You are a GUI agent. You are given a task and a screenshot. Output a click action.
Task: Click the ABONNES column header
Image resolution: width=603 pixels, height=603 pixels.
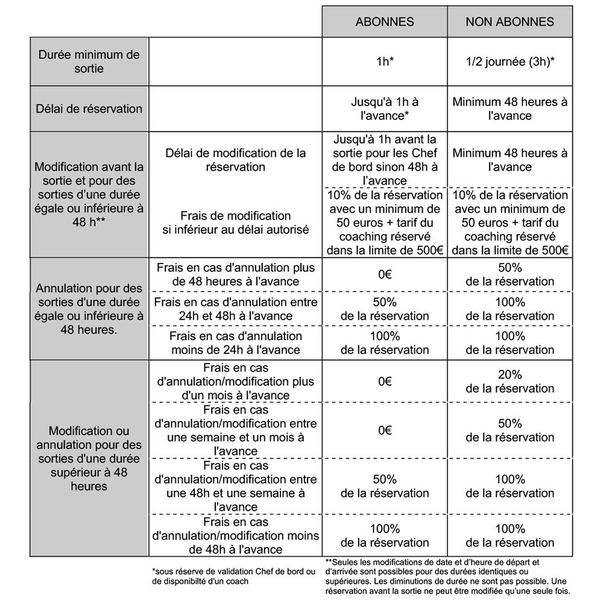coord(385,22)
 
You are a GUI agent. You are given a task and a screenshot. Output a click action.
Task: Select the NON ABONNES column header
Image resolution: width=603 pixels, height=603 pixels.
coord(510,22)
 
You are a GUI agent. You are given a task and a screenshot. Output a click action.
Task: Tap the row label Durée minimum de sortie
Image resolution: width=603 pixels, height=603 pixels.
coord(89,62)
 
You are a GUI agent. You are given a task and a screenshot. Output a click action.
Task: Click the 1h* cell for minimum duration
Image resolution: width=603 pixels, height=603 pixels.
coord(385,62)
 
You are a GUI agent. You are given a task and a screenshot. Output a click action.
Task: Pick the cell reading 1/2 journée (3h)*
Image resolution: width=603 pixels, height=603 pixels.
coord(510,62)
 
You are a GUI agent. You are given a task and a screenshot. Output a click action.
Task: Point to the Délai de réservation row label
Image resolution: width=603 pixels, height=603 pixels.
coord(89,109)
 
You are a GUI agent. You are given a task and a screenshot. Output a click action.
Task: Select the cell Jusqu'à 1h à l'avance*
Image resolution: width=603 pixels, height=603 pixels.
coord(385,109)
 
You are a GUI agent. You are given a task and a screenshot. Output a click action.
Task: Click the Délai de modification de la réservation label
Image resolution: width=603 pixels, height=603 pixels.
coord(235,160)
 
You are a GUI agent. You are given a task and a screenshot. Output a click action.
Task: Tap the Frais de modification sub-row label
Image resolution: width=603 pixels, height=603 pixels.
coord(235,222)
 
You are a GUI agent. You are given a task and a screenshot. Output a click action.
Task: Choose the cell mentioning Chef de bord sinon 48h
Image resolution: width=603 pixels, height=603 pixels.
coord(385,160)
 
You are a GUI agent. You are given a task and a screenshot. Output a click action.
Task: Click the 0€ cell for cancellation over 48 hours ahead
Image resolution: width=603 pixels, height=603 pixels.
coord(385,274)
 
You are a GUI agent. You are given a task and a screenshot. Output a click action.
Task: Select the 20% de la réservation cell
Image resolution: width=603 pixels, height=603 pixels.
coord(510,381)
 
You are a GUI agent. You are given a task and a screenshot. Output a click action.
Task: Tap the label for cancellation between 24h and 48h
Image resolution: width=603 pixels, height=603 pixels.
coord(235,309)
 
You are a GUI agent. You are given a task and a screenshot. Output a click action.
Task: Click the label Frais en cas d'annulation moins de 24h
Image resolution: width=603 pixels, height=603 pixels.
coord(235,343)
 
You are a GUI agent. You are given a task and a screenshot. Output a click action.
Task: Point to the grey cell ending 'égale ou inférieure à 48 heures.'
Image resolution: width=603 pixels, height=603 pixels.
coord(89,309)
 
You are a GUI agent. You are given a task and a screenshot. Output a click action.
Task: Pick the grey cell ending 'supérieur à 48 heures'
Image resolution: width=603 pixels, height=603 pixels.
coord(89,458)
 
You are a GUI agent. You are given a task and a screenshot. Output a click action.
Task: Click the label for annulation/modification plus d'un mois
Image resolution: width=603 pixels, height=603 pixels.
coord(235,381)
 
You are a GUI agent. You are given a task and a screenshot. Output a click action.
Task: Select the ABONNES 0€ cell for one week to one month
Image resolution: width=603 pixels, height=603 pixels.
coord(385,430)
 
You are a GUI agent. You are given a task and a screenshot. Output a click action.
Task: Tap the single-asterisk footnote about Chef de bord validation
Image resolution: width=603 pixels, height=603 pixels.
coord(234,576)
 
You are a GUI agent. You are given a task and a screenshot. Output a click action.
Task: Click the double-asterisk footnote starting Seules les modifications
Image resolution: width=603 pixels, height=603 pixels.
coord(447,576)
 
